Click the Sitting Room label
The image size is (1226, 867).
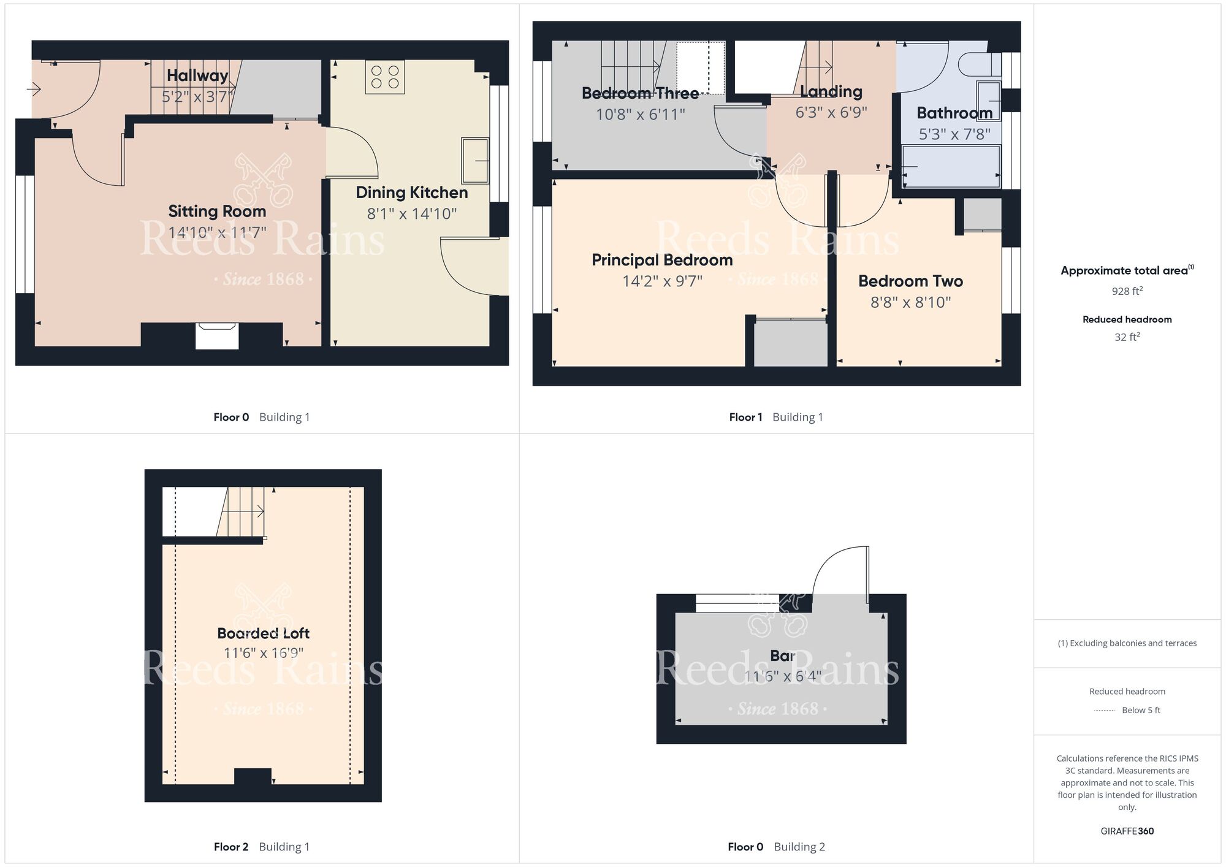tap(217, 212)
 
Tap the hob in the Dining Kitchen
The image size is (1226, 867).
tap(385, 77)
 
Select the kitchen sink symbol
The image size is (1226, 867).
tap(475, 161)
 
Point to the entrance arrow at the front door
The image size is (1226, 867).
tap(34, 90)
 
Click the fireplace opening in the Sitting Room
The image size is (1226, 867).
tap(217, 337)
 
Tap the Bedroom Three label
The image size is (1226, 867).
tap(640, 93)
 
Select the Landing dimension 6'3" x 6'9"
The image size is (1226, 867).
tap(831, 113)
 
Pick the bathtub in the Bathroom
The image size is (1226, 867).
tap(951, 166)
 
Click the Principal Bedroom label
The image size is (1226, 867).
tap(662, 260)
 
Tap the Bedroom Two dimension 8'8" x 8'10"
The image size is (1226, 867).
tap(911, 302)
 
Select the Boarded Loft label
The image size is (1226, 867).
tap(263, 633)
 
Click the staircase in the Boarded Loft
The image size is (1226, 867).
tap(242, 511)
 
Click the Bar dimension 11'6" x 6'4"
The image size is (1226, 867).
tap(782, 676)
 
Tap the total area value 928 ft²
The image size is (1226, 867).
tap(1127, 291)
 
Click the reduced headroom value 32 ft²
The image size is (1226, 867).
tap(1127, 337)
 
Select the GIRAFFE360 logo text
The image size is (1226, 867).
tap(1127, 831)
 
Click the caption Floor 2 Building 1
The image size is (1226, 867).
tap(262, 847)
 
